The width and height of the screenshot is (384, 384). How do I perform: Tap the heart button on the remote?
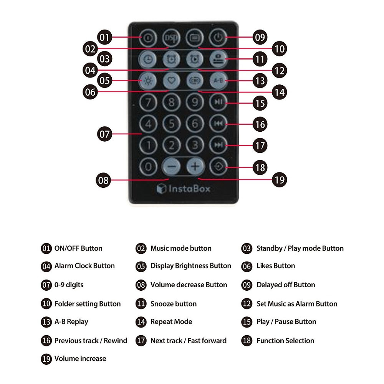(x=171, y=80)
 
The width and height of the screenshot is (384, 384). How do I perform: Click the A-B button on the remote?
(x=218, y=80)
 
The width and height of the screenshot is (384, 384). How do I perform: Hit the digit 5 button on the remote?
(x=171, y=124)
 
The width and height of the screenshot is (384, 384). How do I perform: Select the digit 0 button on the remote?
(x=148, y=167)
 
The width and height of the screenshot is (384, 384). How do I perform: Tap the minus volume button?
(x=172, y=167)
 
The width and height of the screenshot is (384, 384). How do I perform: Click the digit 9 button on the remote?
(x=195, y=102)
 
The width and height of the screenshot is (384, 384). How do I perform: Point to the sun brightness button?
(x=148, y=80)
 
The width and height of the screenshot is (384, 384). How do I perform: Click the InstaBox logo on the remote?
(x=184, y=189)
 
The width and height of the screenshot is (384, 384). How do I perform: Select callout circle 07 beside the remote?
(x=104, y=134)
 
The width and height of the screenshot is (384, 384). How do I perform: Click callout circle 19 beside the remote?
(x=280, y=180)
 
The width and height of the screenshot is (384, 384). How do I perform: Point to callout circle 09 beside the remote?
(x=260, y=37)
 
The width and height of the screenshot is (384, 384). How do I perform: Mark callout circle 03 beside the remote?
(x=104, y=59)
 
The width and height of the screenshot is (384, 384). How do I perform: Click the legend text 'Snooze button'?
(x=174, y=304)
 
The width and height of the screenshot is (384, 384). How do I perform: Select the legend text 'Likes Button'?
(x=276, y=266)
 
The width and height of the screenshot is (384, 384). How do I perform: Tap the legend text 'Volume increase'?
(x=80, y=359)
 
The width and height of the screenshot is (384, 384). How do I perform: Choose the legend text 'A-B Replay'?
(x=71, y=322)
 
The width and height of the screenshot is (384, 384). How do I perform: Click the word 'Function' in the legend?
(x=270, y=341)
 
